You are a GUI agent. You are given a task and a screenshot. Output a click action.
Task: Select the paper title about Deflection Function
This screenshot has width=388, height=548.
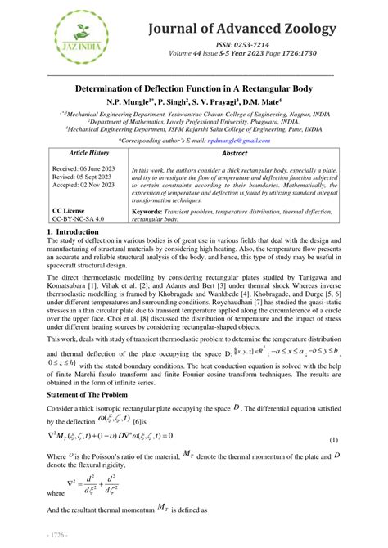194,88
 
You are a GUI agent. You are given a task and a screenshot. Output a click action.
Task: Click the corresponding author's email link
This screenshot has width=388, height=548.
237,140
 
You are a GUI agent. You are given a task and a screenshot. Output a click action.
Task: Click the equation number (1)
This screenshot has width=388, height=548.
333,441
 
